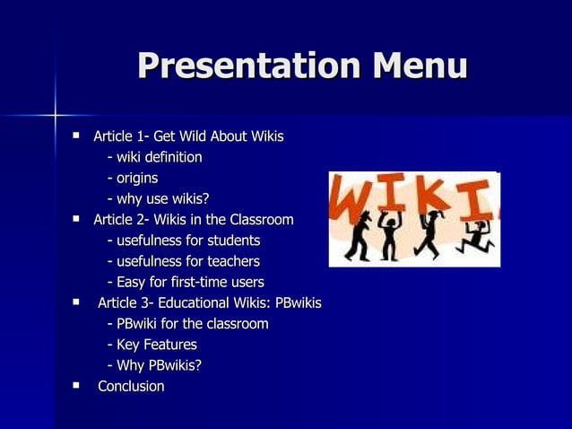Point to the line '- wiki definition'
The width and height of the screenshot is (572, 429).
[154, 158]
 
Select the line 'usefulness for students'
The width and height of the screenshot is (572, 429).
[184, 241]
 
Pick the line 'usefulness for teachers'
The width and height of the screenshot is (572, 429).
[184, 261]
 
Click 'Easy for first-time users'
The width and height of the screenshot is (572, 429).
[186, 283]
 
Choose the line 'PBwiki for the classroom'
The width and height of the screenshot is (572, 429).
[187, 324]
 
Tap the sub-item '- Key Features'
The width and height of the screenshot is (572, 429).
[152, 345]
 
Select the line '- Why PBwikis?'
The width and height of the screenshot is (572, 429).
[154, 365]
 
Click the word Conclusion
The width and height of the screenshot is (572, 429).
[131, 387]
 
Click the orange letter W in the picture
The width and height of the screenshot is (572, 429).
[352, 196]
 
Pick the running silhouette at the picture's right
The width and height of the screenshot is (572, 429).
[474, 235]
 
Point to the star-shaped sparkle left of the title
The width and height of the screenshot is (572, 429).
[55, 115]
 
